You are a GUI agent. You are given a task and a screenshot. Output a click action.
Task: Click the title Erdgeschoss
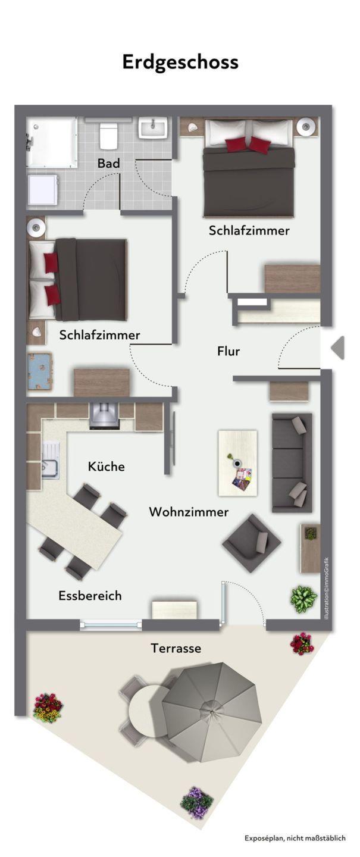(x=180, y=62)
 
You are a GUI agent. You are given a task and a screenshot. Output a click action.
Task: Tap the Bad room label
(x=109, y=163)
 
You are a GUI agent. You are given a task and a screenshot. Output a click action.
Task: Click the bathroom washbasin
(x=153, y=127)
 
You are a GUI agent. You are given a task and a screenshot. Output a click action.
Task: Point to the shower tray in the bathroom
(x=52, y=142)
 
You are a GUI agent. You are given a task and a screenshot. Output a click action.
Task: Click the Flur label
(x=228, y=351)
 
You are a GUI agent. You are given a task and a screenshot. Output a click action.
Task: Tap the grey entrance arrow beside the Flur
(x=338, y=348)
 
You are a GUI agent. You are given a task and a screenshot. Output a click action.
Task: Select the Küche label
(x=106, y=466)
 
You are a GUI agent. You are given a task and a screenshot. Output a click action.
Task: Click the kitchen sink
(x=50, y=460)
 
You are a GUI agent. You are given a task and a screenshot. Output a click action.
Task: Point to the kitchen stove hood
(x=105, y=415)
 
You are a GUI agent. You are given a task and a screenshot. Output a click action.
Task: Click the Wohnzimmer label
(x=189, y=512)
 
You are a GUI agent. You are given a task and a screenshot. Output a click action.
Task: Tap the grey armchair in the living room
(x=251, y=543)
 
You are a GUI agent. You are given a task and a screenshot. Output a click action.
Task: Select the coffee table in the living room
(x=237, y=463)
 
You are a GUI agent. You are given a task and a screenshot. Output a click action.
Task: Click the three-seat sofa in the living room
(x=292, y=462)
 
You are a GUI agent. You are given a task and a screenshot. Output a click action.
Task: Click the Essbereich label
(x=90, y=595)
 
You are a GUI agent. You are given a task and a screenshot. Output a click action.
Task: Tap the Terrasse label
(x=176, y=648)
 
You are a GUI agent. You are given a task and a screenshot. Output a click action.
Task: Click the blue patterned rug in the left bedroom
(x=39, y=371)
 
